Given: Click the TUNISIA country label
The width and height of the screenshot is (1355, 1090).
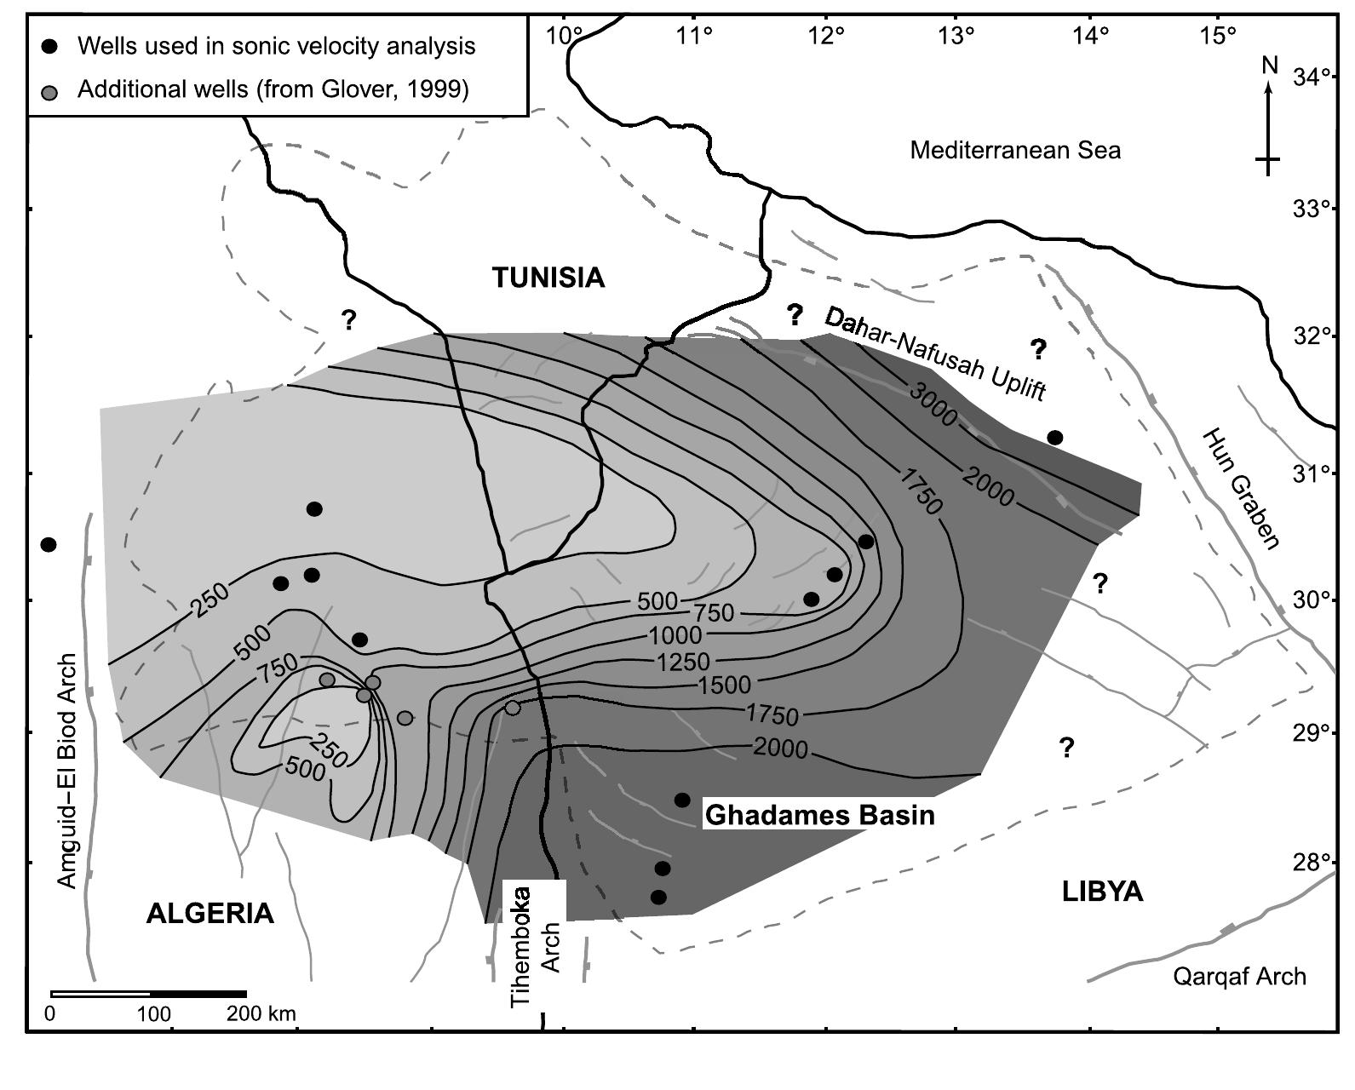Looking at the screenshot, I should [549, 278].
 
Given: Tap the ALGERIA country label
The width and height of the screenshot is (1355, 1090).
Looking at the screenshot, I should [210, 913].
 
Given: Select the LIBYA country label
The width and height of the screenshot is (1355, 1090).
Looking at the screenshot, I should [1102, 892].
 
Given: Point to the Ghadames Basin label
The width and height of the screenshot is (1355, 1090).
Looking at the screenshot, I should [820, 815].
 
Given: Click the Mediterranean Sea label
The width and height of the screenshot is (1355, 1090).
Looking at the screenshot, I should [1015, 151].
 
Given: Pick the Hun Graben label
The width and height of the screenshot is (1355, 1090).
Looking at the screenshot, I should [1242, 490].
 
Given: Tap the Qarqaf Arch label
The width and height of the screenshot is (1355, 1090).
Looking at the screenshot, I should [1239, 976].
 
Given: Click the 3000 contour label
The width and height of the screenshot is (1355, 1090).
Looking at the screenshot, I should [933, 404].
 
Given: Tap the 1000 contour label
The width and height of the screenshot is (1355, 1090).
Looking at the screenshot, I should [675, 635].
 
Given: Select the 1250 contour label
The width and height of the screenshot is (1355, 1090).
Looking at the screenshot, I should [683, 662].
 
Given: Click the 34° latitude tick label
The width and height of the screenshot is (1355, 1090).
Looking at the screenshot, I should [1312, 78].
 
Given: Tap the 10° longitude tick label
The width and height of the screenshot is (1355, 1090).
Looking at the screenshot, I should [565, 36].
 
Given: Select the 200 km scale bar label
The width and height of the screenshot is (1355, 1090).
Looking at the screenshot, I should [261, 1014].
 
